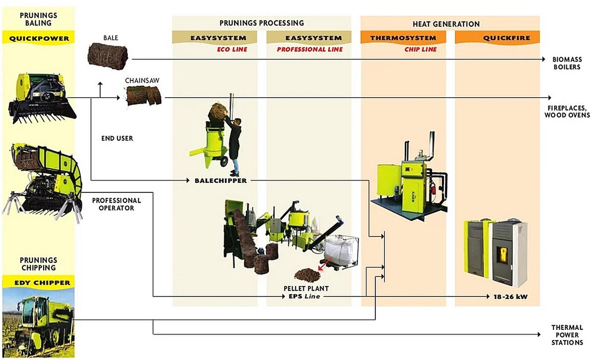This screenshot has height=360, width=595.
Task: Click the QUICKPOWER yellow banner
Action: tap(38, 38)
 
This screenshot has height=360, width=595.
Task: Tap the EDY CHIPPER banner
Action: tap(38, 283)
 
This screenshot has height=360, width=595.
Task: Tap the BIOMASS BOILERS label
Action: tap(567, 63)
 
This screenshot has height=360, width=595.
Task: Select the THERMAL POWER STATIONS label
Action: tap(567, 335)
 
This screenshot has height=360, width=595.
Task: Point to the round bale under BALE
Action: tap(108, 55)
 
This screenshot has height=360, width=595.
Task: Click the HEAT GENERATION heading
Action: tap(446, 24)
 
